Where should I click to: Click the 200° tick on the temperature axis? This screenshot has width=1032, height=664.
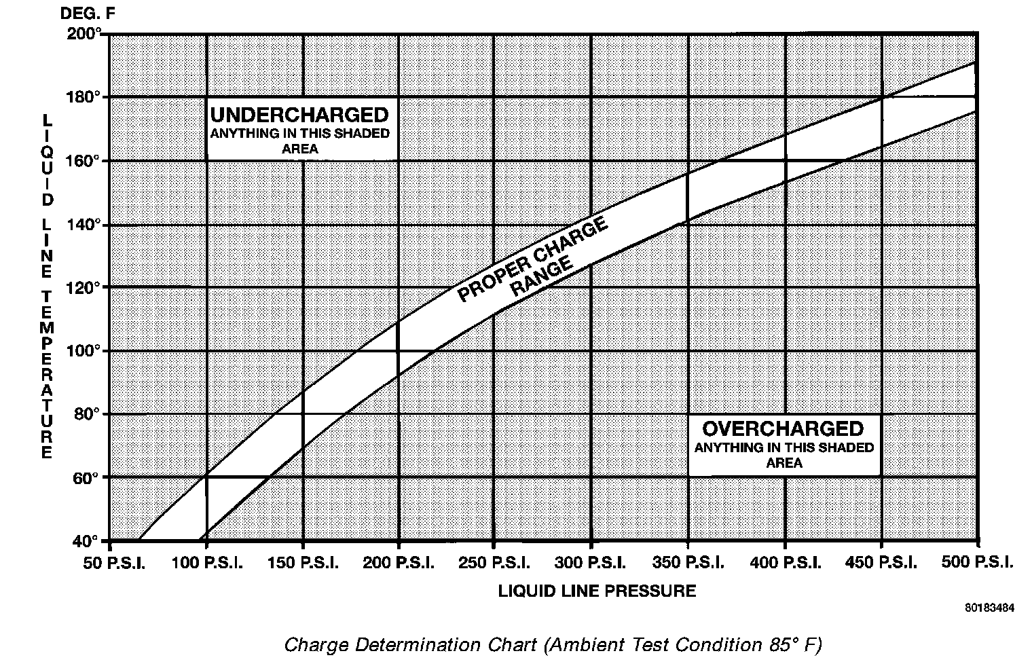[84, 33]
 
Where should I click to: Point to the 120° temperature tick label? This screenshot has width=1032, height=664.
[84, 287]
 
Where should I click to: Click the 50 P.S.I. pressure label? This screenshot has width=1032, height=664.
[115, 563]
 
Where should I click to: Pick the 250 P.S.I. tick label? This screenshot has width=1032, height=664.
[493, 563]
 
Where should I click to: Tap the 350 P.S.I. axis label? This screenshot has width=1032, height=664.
[688, 563]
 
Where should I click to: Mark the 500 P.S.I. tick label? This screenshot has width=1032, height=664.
[977, 563]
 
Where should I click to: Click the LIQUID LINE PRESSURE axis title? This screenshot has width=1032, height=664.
[597, 591]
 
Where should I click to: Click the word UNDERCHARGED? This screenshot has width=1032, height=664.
[299, 114]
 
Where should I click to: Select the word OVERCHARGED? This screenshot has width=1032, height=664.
[783, 428]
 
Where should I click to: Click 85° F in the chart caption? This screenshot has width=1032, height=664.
[790, 643]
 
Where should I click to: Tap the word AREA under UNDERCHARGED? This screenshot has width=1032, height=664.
[299, 149]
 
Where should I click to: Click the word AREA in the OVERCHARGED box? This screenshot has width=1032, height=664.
[784, 463]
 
